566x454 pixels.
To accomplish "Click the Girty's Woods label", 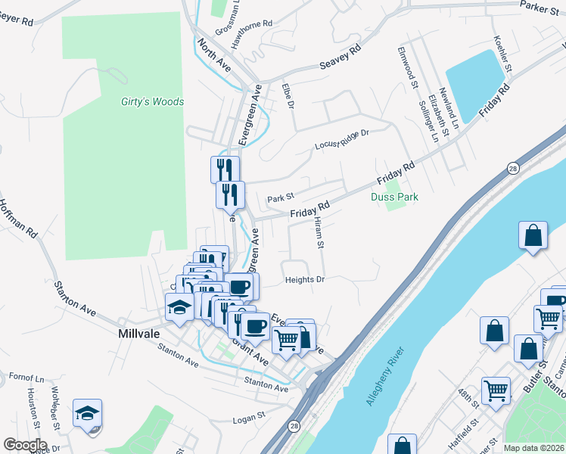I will point(152,101).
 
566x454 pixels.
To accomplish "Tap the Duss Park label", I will point(394,197).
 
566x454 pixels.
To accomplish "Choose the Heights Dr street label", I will point(305,280).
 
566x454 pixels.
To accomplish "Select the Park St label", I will point(281,199).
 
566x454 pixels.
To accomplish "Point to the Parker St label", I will point(540,5).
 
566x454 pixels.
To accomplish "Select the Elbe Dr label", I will point(287,95).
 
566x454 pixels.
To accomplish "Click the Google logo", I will point(25,445).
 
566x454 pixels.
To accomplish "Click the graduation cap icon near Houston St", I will point(87,414).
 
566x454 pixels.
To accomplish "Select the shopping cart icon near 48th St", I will point(496,391).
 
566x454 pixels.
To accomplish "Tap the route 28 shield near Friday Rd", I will point(513,169).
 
